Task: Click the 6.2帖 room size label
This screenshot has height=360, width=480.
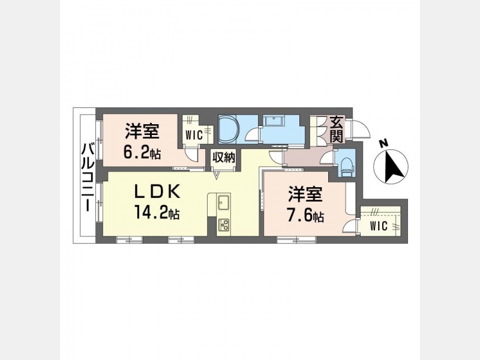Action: coord(142,152)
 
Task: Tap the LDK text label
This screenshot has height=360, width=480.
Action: coord(157,192)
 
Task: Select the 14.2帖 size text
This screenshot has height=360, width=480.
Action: coord(157,212)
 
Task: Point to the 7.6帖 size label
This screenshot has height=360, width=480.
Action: coord(305,216)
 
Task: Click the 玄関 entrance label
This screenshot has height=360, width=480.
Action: coord(337,130)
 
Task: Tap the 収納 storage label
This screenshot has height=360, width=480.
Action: coord(224,157)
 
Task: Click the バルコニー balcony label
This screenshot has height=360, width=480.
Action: coord(88,178)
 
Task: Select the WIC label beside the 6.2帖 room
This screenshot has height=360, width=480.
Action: coord(194,134)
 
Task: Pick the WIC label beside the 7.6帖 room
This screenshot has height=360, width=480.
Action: coord(379,226)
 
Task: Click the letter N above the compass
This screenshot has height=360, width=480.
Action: coord(382,143)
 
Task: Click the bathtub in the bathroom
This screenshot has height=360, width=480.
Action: coord(228,129)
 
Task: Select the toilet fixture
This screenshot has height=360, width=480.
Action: coord(346,166)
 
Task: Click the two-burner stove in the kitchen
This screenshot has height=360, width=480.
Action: coord(224,226)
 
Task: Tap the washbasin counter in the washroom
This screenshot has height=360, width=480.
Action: coord(274,122)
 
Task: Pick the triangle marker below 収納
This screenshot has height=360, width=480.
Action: coord(217,176)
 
